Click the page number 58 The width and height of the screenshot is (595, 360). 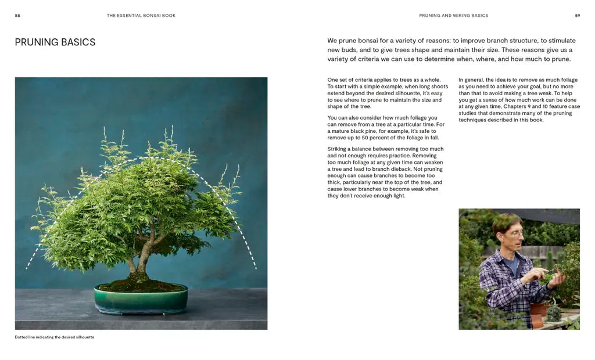(17, 16)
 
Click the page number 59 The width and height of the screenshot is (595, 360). (577, 16)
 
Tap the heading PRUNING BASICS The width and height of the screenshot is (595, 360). (55, 42)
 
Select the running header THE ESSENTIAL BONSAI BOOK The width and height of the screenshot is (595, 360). (141, 16)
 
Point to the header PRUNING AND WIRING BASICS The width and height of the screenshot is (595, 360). (453, 16)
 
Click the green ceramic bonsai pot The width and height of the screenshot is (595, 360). (141, 299)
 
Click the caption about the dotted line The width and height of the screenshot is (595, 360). (55, 337)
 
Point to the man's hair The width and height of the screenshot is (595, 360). (506, 221)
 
